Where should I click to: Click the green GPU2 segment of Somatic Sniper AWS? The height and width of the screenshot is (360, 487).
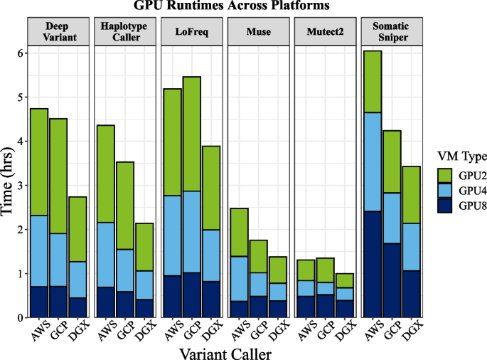click(x=373, y=82)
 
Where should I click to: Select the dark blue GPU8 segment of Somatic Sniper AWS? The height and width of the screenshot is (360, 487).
click(x=373, y=264)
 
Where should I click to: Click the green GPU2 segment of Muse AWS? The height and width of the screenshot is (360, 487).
click(x=239, y=232)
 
